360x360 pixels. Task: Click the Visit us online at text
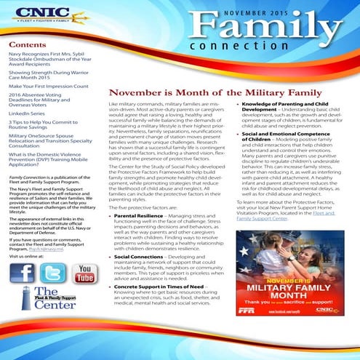(x=31, y=257)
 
